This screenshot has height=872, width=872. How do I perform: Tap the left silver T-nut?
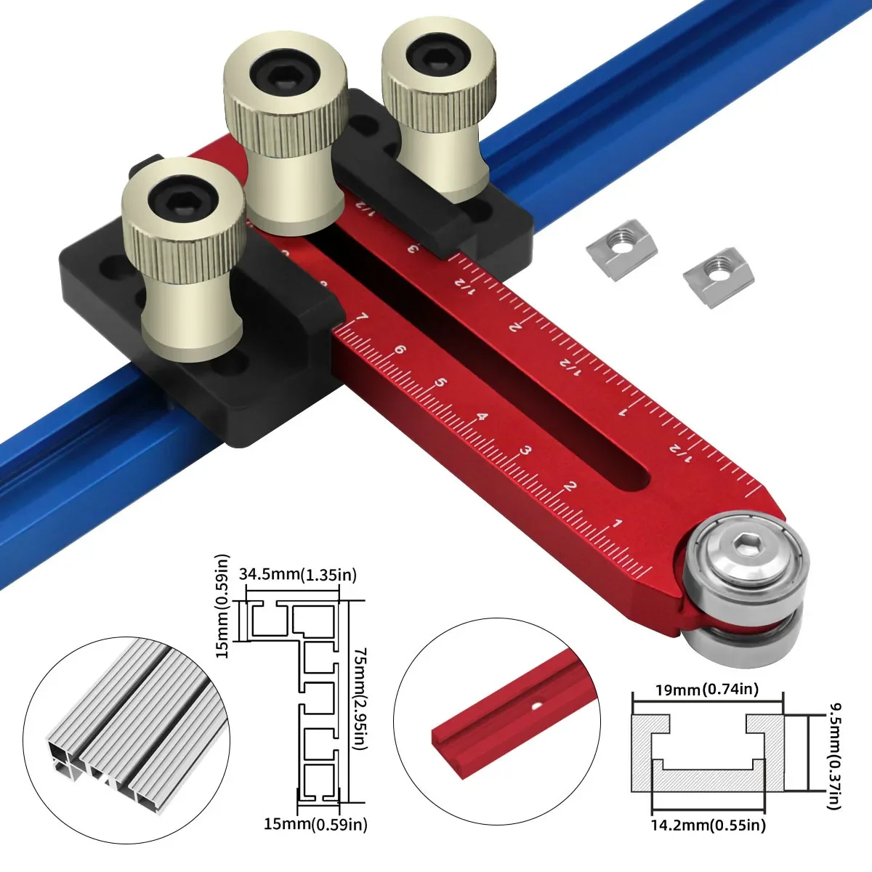621,252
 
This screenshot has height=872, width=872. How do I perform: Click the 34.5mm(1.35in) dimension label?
298,575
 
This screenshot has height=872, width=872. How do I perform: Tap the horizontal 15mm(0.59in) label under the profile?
315,824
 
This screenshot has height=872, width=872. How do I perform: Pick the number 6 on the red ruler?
399,350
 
